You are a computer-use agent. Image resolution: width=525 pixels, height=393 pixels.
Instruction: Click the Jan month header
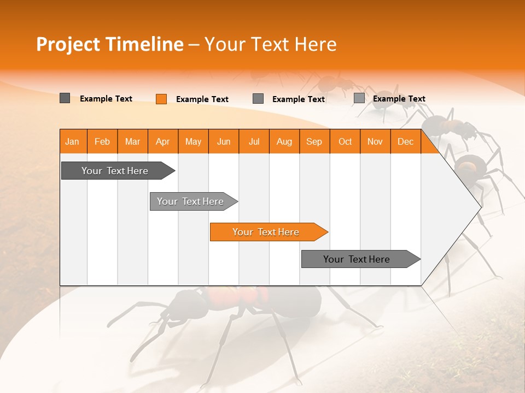pos(72,142)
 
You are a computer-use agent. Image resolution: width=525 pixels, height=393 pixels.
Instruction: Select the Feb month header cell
pos(102,142)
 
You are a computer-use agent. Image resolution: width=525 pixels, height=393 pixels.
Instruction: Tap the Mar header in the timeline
pos(132,142)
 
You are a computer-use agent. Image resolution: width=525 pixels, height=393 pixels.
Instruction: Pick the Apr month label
pos(163,142)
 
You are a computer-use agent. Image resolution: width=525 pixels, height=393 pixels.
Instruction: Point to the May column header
pos(193,142)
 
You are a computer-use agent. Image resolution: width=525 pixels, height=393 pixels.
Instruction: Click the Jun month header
pos(224,142)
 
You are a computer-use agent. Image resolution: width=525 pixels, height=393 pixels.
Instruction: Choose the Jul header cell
pos(254,142)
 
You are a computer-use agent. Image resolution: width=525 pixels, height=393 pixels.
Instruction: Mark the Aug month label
pos(284,142)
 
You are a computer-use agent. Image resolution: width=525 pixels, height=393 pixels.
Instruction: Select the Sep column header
pos(314,142)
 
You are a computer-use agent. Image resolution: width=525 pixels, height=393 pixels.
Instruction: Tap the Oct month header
pos(345,142)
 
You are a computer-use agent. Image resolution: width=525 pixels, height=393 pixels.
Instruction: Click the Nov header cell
pos(375,142)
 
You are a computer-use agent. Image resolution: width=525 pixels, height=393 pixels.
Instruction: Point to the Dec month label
pos(406,142)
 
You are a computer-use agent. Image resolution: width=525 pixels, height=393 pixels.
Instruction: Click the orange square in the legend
pos(161,99)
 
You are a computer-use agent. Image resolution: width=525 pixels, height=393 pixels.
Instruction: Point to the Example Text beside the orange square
pos(202,99)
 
